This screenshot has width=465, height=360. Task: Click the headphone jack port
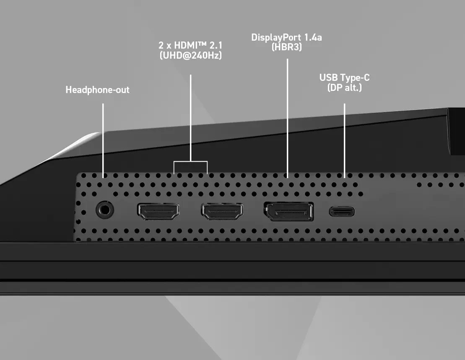[x=105, y=210]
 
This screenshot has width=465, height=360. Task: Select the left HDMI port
[x=158, y=212]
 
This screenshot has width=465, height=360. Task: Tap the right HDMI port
[x=222, y=212]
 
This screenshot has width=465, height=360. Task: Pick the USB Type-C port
[x=342, y=212]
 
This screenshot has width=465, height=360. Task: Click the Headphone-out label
[x=97, y=90]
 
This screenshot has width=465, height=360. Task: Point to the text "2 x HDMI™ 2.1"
[x=190, y=45]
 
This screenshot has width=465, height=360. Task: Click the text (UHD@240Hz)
[x=191, y=55]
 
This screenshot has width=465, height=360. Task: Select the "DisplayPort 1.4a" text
[x=286, y=37]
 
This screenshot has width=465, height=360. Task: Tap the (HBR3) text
[x=287, y=47]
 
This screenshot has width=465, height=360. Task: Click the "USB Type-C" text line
[x=344, y=78]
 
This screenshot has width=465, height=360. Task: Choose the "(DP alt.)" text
[x=345, y=88]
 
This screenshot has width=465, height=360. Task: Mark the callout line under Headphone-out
[x=103, y=141]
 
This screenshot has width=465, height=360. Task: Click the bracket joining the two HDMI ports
[x=190, y=161]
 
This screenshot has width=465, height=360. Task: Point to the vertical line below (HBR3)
[x=287, y=118]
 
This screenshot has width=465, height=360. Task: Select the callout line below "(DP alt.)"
[x=344, y=141]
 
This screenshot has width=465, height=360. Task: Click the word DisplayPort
[x=276, y=38]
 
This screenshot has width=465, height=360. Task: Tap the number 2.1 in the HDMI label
[x=216, y=45]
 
